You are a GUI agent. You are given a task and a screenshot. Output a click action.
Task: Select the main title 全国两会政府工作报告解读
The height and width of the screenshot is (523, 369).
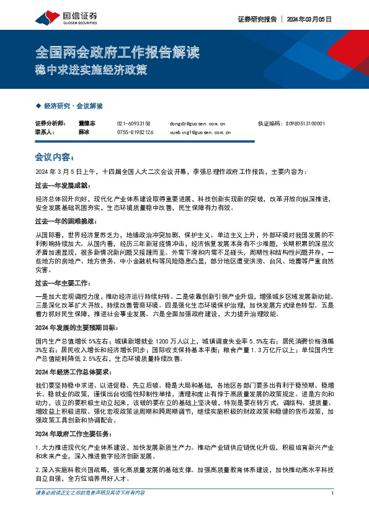tap(109, 52)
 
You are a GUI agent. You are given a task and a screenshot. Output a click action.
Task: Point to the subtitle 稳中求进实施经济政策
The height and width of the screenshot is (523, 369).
tap(91, 70)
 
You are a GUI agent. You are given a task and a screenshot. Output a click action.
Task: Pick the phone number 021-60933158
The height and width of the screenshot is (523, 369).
tap(134, 124)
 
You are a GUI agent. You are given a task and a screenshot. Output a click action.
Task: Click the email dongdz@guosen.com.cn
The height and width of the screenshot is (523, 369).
tap(198, 124)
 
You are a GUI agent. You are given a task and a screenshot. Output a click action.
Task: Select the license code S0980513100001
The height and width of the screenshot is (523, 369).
tap(305, 124)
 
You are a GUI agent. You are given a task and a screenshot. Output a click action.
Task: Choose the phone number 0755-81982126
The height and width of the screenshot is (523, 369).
tap(135, 132)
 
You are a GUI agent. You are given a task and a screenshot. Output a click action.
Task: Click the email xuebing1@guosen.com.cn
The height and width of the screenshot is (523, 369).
tap(200, 132)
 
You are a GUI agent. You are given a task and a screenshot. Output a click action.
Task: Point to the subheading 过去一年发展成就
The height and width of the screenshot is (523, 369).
tap(63, 185)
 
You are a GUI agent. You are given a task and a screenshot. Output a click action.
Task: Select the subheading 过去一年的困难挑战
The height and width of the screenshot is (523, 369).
tap(65, 221)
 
